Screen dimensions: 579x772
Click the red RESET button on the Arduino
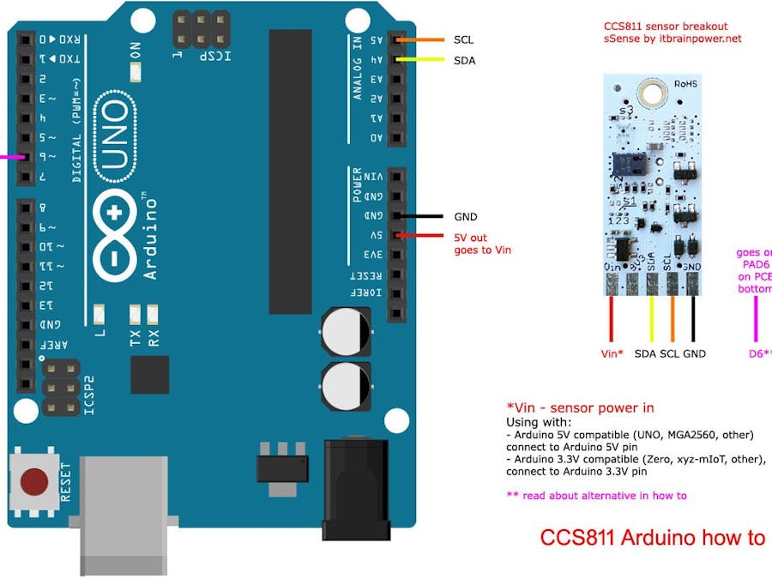coord(34,480)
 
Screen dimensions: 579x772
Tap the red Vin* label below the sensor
coord(612,353)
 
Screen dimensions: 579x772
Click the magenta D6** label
coord(759,353)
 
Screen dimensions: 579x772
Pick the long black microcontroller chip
coord(290,172)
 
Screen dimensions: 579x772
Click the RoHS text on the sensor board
coord(685,84)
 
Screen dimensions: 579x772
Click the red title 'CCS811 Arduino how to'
coord(652,538)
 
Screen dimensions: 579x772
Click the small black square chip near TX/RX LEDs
coord(149,375)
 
